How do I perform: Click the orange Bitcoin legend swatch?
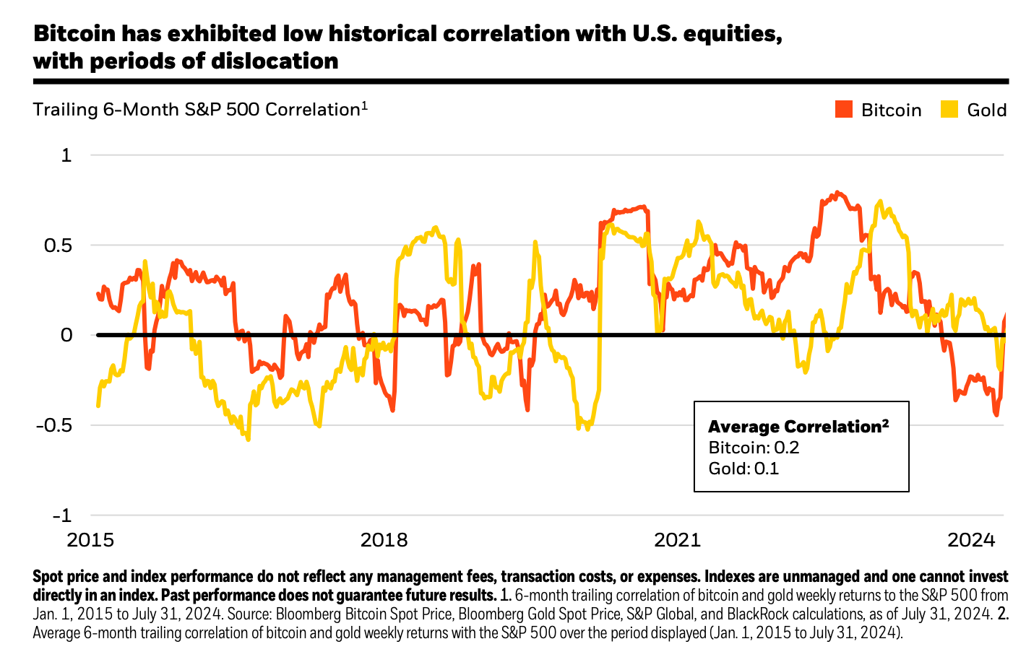(x=844, y=110)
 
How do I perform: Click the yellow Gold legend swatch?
(x=949, y=110)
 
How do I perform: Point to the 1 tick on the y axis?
(x=66, y=155)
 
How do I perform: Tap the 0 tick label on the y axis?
(x=66, y=335)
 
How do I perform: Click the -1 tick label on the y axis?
(x=62, y=515)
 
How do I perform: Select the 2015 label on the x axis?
(x=90, y=540)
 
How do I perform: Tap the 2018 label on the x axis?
(x=384, y=540)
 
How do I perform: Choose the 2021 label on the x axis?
(x=677, y=540)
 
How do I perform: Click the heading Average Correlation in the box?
(x=798, y=426)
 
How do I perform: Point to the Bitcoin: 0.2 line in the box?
(x=754, y=448)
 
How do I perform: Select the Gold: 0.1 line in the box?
(x=743, y=469)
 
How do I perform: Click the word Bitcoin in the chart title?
(x=74, y=34)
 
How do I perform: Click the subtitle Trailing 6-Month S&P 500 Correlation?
(x=197, y=110)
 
